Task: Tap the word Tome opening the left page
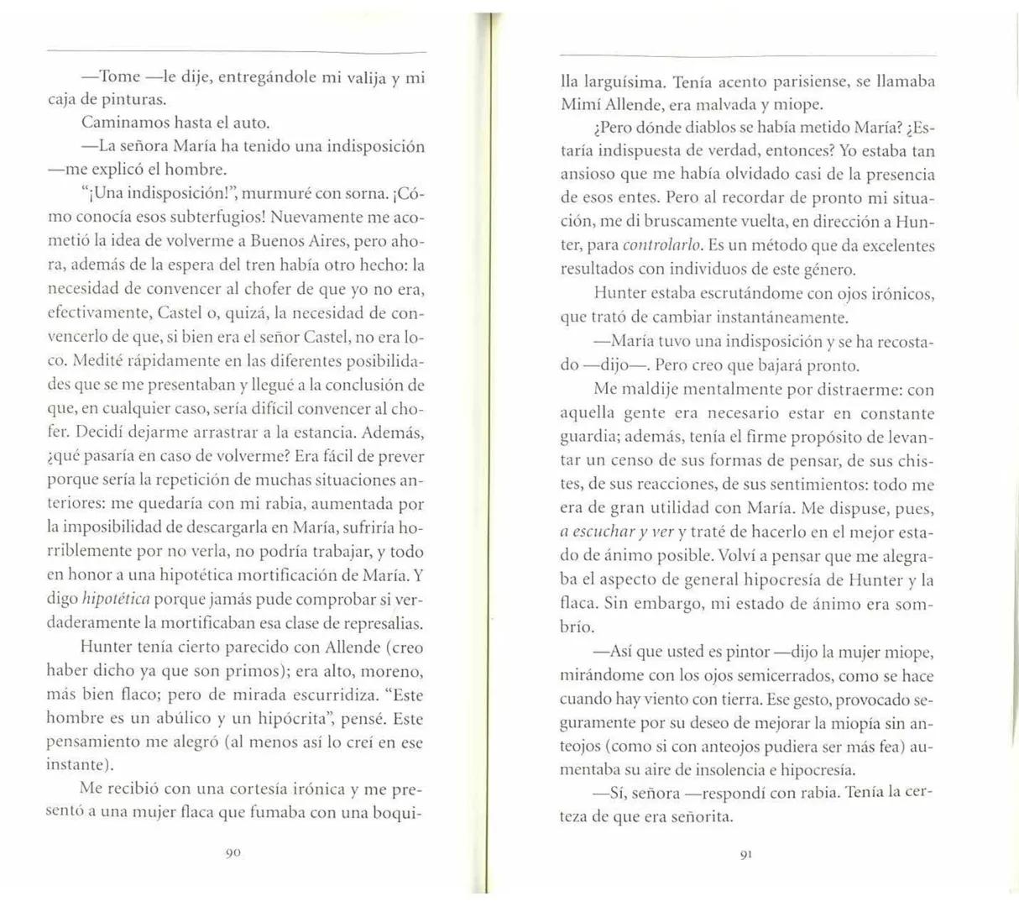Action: tap(119, 76)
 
